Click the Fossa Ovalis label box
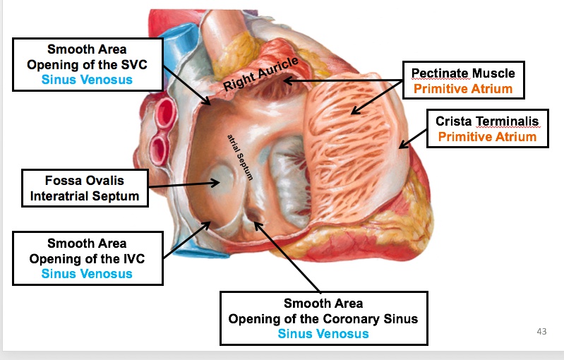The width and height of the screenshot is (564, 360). click(x=85, y=188)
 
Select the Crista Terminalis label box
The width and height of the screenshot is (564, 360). click(x=487, y=128)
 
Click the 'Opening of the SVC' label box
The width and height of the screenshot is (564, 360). click(x=87, y=64)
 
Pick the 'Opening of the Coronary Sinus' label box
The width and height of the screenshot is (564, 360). click(x=323, y=318)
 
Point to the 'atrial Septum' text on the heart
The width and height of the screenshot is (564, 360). click(x=240, y=157)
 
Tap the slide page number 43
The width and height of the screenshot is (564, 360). click(x=542, y=332)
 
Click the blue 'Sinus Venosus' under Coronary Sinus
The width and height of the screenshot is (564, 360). click(x=323, y=334)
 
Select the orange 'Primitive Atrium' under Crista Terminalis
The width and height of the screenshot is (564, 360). click(x=487, y=136)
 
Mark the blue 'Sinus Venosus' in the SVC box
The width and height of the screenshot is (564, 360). click(x=87, y=80)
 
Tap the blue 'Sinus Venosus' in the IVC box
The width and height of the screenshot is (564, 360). click(x=87, y=273)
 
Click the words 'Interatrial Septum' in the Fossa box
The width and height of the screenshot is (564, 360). click(x=85, y=196)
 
